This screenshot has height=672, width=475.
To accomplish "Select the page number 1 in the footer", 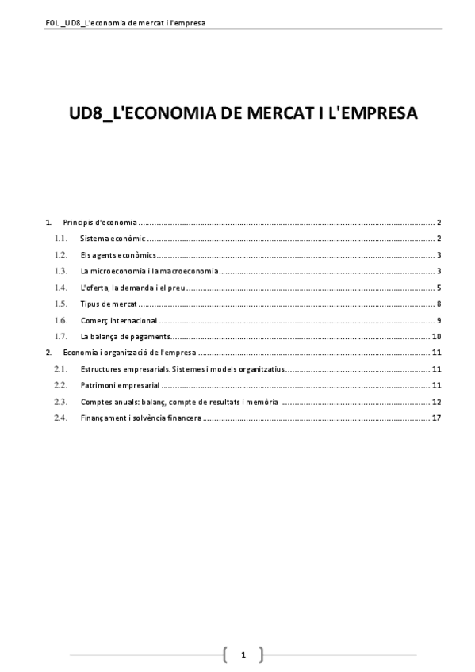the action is [x=243, y=655].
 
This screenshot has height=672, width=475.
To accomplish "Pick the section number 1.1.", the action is [x=61, y=239].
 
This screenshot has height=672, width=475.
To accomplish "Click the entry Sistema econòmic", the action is [x=110, y=239].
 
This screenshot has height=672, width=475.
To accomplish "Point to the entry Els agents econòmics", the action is [x=117, y=255].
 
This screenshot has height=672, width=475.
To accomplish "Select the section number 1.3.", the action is [x=61, y=271].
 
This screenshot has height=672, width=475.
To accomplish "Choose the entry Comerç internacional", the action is [x=118, y=320].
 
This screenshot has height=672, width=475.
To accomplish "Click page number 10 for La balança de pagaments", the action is [x=436, y=337].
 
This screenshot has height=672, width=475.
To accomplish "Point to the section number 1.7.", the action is [x=61, y=337].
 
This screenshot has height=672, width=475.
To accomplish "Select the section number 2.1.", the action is [x=61, y=369].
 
